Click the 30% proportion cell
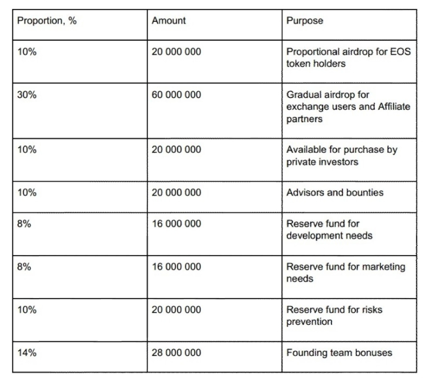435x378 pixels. (27, 96)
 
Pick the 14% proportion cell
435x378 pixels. (27, 352)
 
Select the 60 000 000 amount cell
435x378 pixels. (176, 96)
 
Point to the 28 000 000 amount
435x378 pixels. (176, 352)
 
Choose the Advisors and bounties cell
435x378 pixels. (335, 192)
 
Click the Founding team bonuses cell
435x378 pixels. (339, 352)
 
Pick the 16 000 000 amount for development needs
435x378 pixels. (176, 224)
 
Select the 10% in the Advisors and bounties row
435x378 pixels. (27, 192)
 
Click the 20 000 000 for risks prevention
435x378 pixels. (176, 310)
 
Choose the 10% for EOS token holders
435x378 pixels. (27, 52)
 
